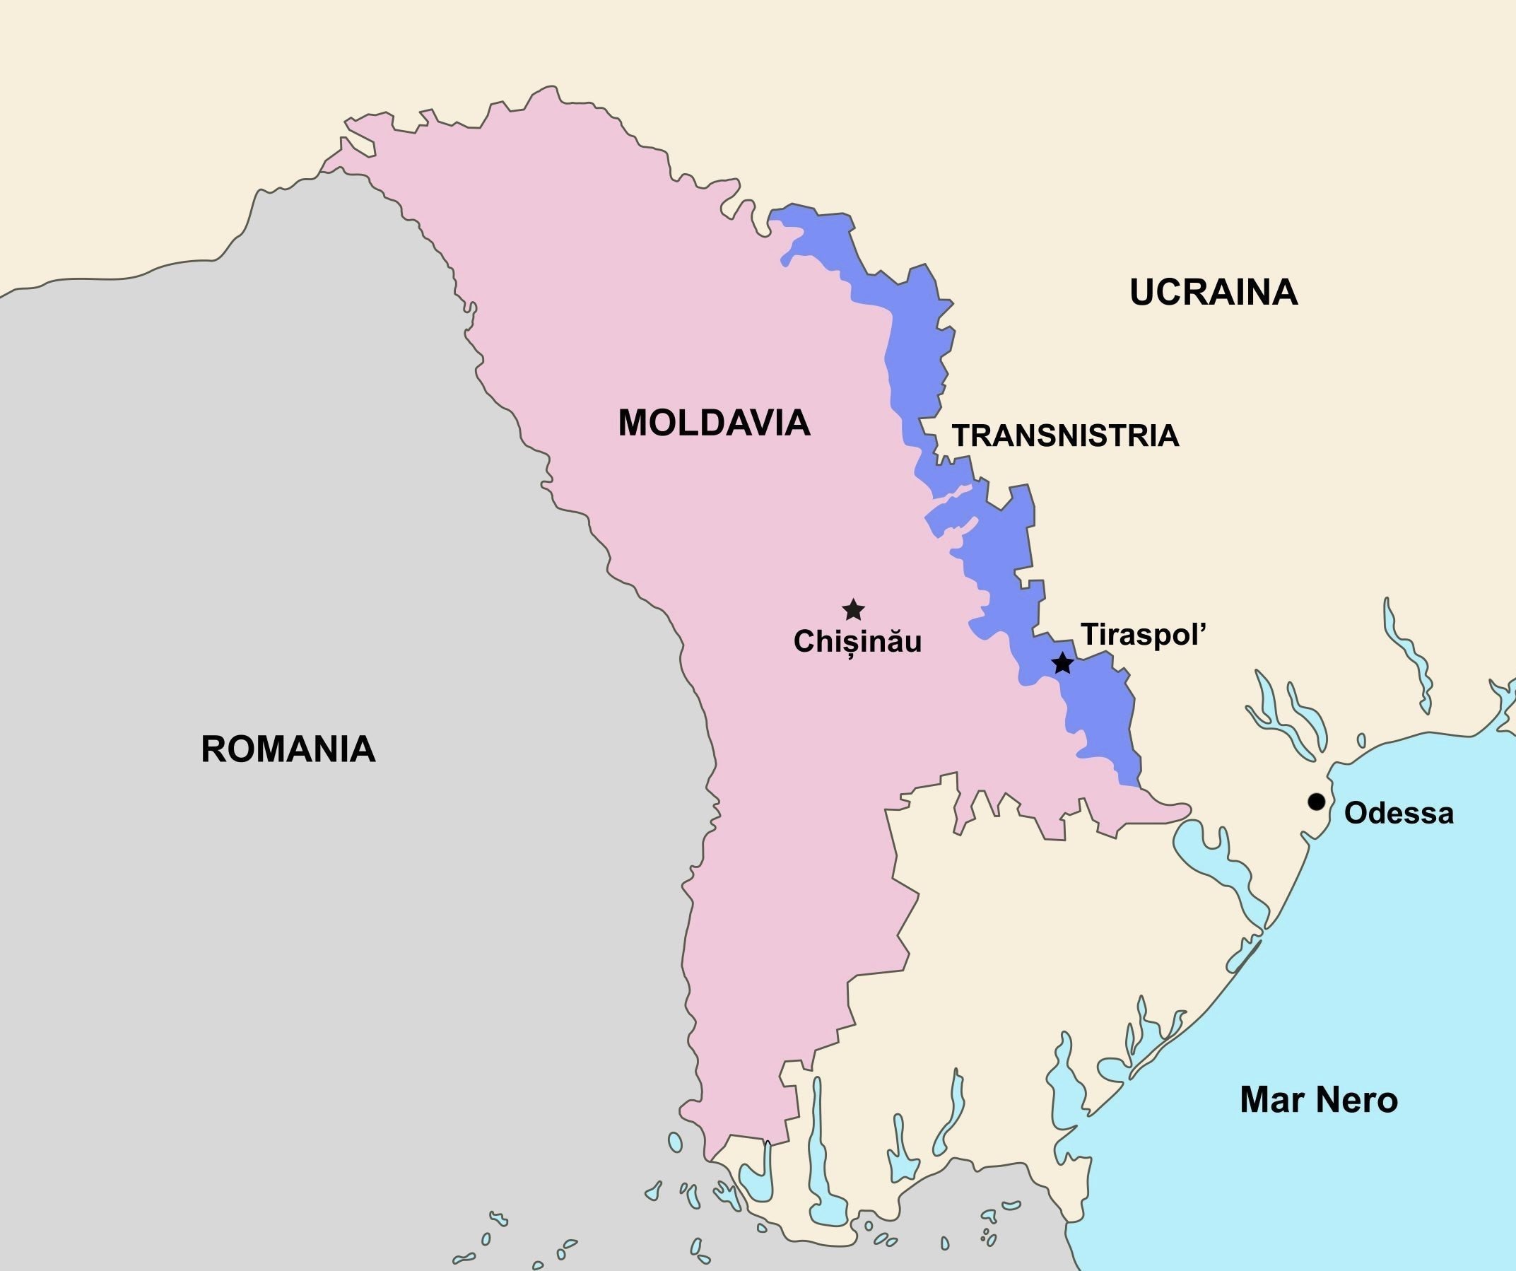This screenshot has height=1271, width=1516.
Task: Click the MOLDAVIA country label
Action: [714, 423]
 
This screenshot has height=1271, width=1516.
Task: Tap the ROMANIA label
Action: [288, 749]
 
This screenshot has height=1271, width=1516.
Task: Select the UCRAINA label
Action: [1214, 293]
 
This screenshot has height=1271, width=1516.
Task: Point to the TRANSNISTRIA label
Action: [1066, 436]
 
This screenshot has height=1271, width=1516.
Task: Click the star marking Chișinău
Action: [853, 609]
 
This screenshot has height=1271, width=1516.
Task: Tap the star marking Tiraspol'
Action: [1062, 663]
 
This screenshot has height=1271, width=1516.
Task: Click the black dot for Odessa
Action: [1317, 802]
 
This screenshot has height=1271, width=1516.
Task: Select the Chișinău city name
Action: [857, 641]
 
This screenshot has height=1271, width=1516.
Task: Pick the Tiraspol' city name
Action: [1143, 635]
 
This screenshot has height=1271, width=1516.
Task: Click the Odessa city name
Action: [1399, 814]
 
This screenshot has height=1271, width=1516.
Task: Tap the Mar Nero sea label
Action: [1319, 1100]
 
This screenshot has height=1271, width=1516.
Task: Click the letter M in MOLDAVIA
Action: [634, 423]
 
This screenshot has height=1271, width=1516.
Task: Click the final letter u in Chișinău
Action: [913, 642]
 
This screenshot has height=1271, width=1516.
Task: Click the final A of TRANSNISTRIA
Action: [1170, 436]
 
